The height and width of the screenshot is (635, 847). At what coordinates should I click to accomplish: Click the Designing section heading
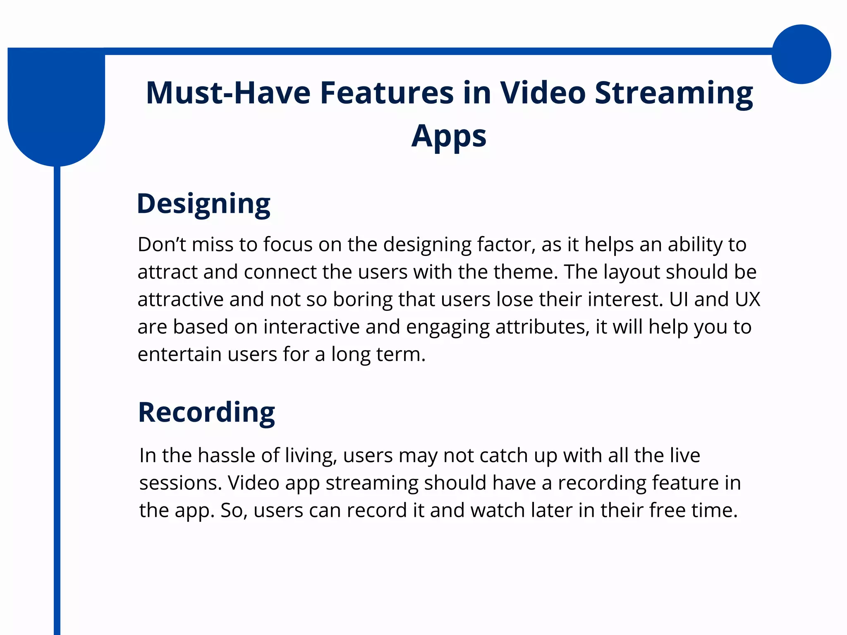(x=203, y=204)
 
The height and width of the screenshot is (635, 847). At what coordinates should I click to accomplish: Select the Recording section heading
(x=206, y=413)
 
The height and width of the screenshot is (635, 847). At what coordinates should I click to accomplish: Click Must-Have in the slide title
(x=228, y=93)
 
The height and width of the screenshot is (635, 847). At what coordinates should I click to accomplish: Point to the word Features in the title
(x=387, y=93)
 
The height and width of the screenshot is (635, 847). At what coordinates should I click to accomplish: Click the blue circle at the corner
(x=801, y=54)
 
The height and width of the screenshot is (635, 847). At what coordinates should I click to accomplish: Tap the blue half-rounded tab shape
(x=56, y=107)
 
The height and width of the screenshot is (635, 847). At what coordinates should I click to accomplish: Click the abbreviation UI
(x=679, y=299)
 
